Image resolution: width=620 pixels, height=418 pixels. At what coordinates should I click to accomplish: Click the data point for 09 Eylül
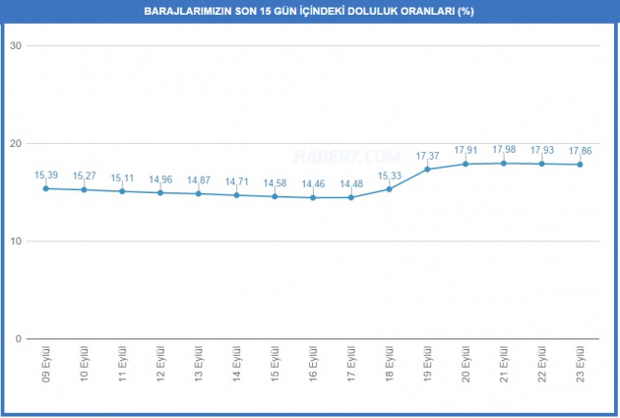pyautogui.click(x=46, y=188)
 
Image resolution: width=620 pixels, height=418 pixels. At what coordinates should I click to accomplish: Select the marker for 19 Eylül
pyautogui.click(x=427, y=169)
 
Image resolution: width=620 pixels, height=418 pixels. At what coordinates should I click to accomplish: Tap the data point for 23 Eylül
pyautogui.click(x=580, y=164)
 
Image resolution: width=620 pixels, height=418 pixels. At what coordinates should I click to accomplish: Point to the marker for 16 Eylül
pyautogui.click(x=313, y=197)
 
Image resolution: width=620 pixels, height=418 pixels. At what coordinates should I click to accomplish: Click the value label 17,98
pyautogui.click(x=503, y=150)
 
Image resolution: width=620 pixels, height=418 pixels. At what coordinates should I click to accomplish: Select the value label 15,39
pyautogui.click(x=46, y=174)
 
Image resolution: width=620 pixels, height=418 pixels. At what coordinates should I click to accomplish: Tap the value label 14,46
pyautogui.click(x=313, y=183)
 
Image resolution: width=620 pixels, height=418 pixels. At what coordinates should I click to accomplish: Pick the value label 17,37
pyautogui.click(x=427, y=155)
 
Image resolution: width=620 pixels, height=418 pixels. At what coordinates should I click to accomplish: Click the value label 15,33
pyautogui.click(x=389, y=175)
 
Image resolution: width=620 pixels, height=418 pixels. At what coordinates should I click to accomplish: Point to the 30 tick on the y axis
pyautogui.click(x=17, y=46)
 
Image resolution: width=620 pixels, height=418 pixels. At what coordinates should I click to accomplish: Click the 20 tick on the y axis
pyautogui.click(x=17, y=144)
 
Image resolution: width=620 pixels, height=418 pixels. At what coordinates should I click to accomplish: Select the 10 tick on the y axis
pyautogui.click(x=17, y=242)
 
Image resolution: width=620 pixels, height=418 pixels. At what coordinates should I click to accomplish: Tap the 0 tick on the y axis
pyautogui.click(x=20, y=339)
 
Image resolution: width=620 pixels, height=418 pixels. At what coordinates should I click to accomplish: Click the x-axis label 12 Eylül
pyautogui.click(x=160, y=363)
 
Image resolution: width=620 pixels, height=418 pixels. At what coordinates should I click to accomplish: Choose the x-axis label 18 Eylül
pyautogui.click(x=389, y=363)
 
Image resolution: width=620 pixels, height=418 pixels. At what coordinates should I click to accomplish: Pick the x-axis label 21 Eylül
pyautogui.click(x=503, y=363)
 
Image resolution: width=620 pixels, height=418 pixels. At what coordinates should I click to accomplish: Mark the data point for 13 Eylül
pyautogui.click(x=199, y=193)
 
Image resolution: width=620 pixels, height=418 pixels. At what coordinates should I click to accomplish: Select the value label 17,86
pyautogui.click(x=580, y=151)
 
